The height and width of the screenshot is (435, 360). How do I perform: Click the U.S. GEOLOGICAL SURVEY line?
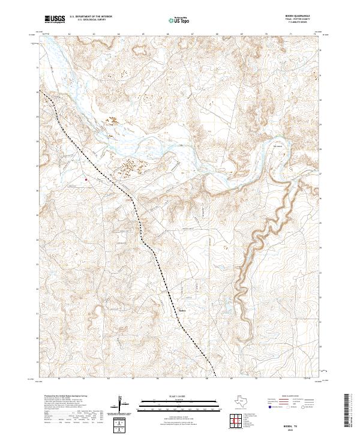(x=92, y=21)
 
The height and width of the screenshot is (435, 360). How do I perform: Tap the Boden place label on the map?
(x=184, y=310)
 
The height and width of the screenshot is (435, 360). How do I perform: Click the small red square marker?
(x=86, y=178)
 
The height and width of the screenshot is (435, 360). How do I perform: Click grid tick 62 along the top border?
(x=70, y=34)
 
